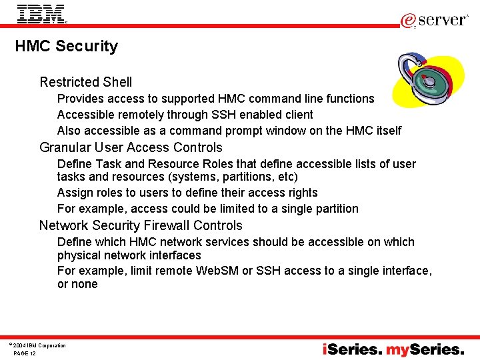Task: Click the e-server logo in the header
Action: point(434,20)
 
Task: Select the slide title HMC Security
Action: point(67,47)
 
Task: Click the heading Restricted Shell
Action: point(86,83)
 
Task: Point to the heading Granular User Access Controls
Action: point(131,148)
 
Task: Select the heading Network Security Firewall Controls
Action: point(141,226)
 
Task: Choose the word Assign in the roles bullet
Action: point(73,193)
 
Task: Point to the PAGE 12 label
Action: point(25,353)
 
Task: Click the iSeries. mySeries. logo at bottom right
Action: point(393,349)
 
